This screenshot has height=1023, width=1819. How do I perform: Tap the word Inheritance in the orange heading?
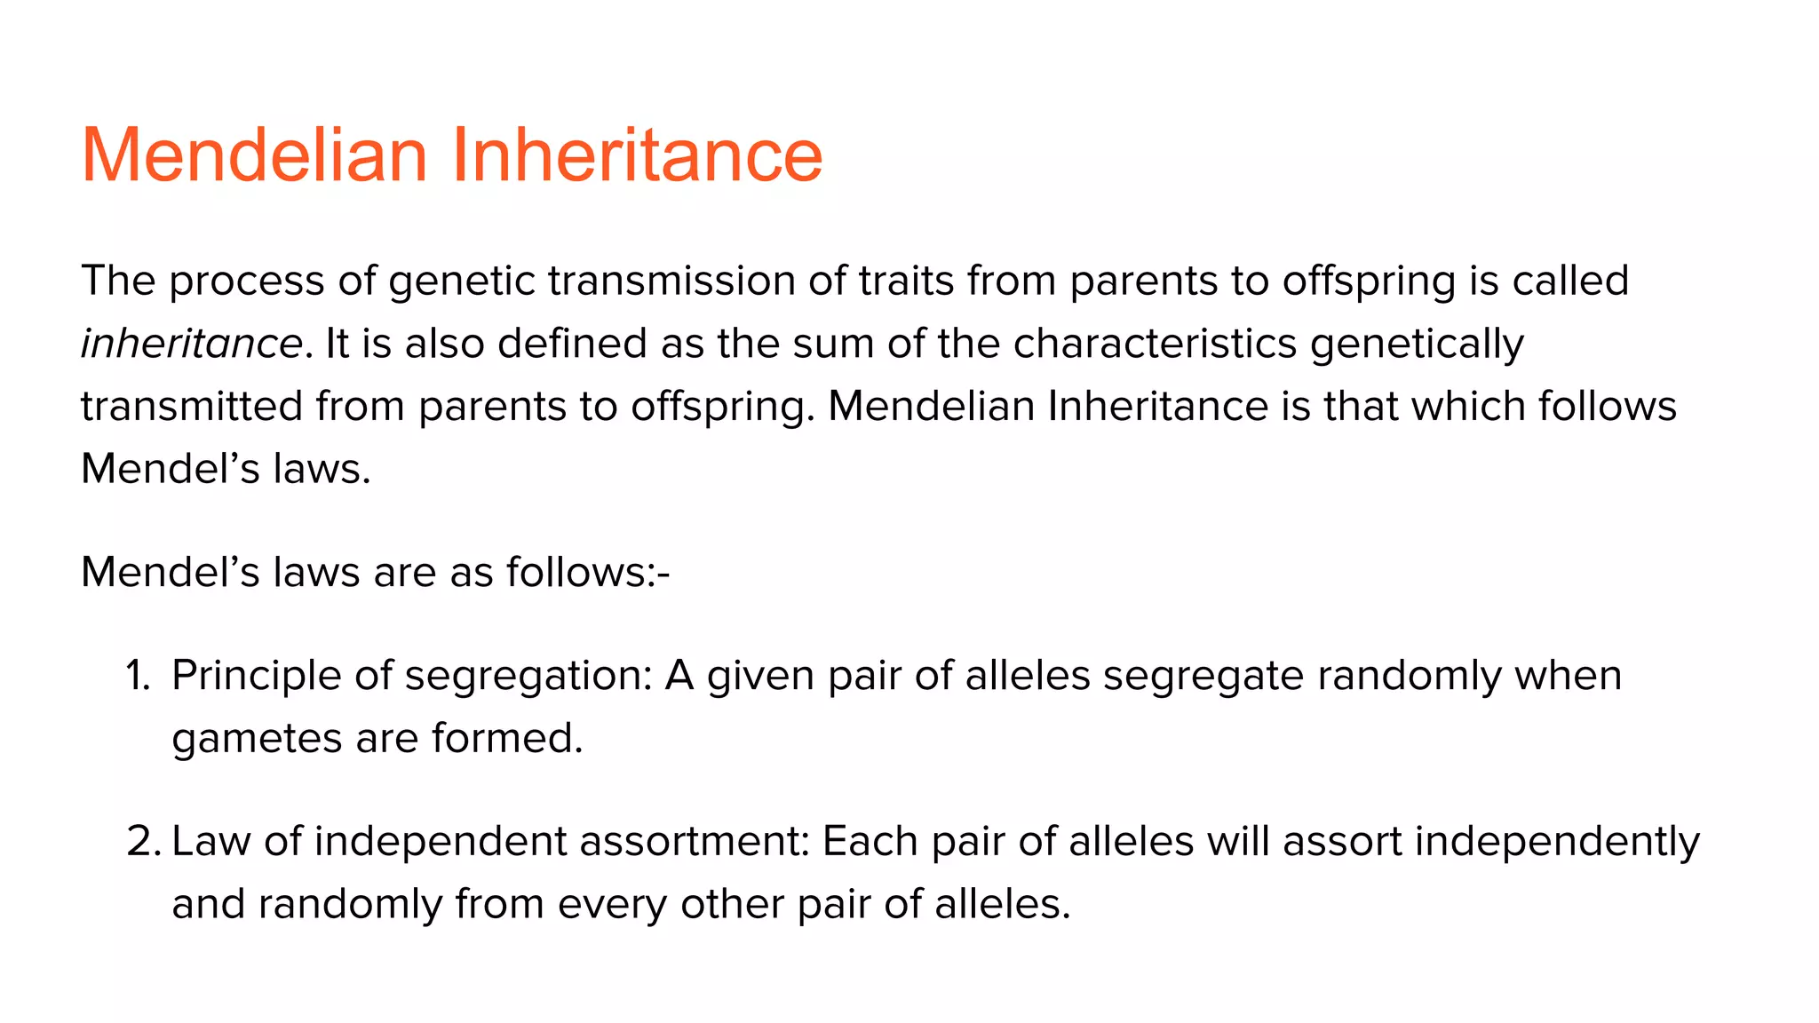click(637, 155)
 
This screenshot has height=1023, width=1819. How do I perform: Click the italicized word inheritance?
click(192, 344)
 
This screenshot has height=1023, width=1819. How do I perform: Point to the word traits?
click(906, 282)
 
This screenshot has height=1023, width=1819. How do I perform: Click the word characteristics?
click(1155, 344)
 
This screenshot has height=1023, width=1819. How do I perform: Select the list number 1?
click(138, 676)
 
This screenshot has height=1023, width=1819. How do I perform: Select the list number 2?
click(142, 842)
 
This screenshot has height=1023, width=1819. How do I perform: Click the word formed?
click(506, 738)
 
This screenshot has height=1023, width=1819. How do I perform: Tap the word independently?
click(1556, 842)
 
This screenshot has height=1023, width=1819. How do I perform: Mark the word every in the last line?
click(612, 905)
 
